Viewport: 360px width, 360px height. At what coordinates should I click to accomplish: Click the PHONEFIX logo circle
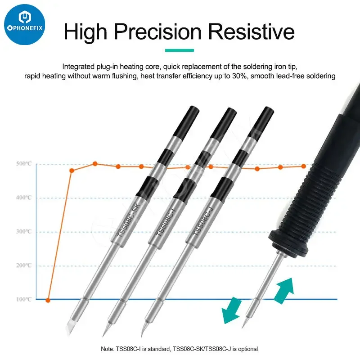(x=25, y=25)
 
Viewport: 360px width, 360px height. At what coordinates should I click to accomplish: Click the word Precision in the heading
(x=158, y=31)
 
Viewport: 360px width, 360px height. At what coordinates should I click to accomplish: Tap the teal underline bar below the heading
(x=180, y=50)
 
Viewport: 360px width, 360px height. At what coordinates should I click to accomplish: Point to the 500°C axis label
(x=24, y=164)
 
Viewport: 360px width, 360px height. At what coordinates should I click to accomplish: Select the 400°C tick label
(x=24, y=198)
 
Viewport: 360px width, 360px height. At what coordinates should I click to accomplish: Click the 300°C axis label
(x=24, y=231)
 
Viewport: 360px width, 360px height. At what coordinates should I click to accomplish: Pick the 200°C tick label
(x=24, y=265)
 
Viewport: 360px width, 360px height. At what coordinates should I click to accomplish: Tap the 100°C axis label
(x=24, y=299)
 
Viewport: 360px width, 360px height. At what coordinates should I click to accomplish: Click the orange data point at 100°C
(x=48, y=300)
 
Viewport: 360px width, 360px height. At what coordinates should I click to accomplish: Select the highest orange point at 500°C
(x=95, y=164)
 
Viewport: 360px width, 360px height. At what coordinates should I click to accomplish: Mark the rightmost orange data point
(x=303, y=166)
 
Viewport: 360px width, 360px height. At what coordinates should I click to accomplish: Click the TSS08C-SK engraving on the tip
(x=129, y=220)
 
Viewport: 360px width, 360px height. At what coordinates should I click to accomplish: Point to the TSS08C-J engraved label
(x=203, y=221)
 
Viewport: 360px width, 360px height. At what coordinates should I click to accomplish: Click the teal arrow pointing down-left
(x=231, y=310)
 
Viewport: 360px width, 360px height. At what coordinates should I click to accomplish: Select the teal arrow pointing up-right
(x=284, y=291)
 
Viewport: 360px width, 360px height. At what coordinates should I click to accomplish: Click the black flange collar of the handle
(x=289, y=244)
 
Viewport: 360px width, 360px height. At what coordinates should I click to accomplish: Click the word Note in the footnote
(x=107, y=349)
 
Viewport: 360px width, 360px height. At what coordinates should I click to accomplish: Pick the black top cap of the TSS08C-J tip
(x=261, y=123)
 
